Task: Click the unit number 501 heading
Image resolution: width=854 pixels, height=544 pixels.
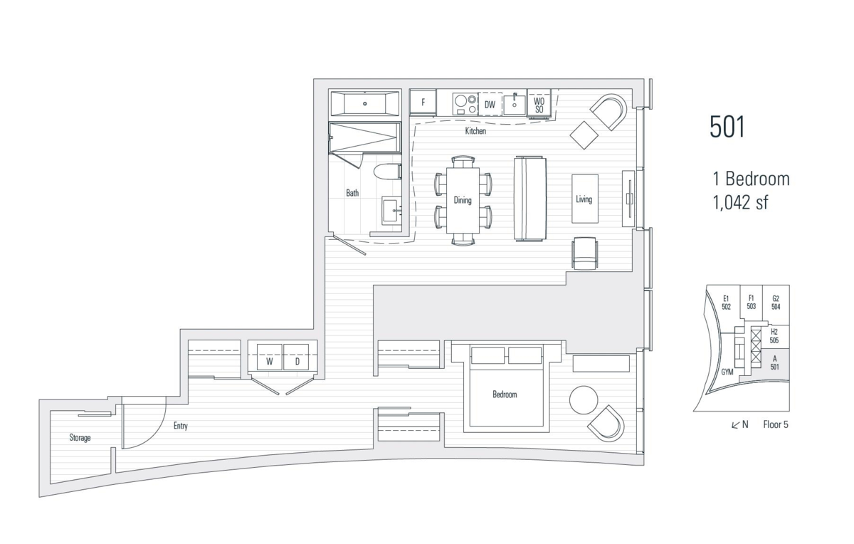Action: (727, 127)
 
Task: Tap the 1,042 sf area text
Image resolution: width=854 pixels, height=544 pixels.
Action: (741, 202)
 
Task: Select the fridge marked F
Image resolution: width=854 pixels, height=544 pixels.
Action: (423, 103)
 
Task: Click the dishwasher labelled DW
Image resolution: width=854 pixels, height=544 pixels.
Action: (490, 104)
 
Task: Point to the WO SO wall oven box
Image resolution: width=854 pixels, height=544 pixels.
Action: (539, 105)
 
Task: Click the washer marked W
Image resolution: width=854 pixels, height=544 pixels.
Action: (270, 361)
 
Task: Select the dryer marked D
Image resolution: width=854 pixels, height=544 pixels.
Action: (297, 361)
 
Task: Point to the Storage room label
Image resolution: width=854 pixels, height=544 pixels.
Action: (80, 438)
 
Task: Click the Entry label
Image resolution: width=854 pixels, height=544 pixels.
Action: (180, 427)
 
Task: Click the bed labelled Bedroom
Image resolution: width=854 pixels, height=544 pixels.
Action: (505, 393)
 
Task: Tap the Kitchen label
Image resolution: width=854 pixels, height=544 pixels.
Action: (475, 132)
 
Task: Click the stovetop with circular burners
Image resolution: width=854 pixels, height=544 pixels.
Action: (465, 103)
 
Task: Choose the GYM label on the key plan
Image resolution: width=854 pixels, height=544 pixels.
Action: (727, 372)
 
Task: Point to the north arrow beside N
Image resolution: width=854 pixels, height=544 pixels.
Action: (735, 425)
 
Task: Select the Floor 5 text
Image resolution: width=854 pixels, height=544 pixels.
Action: (775, 425)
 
